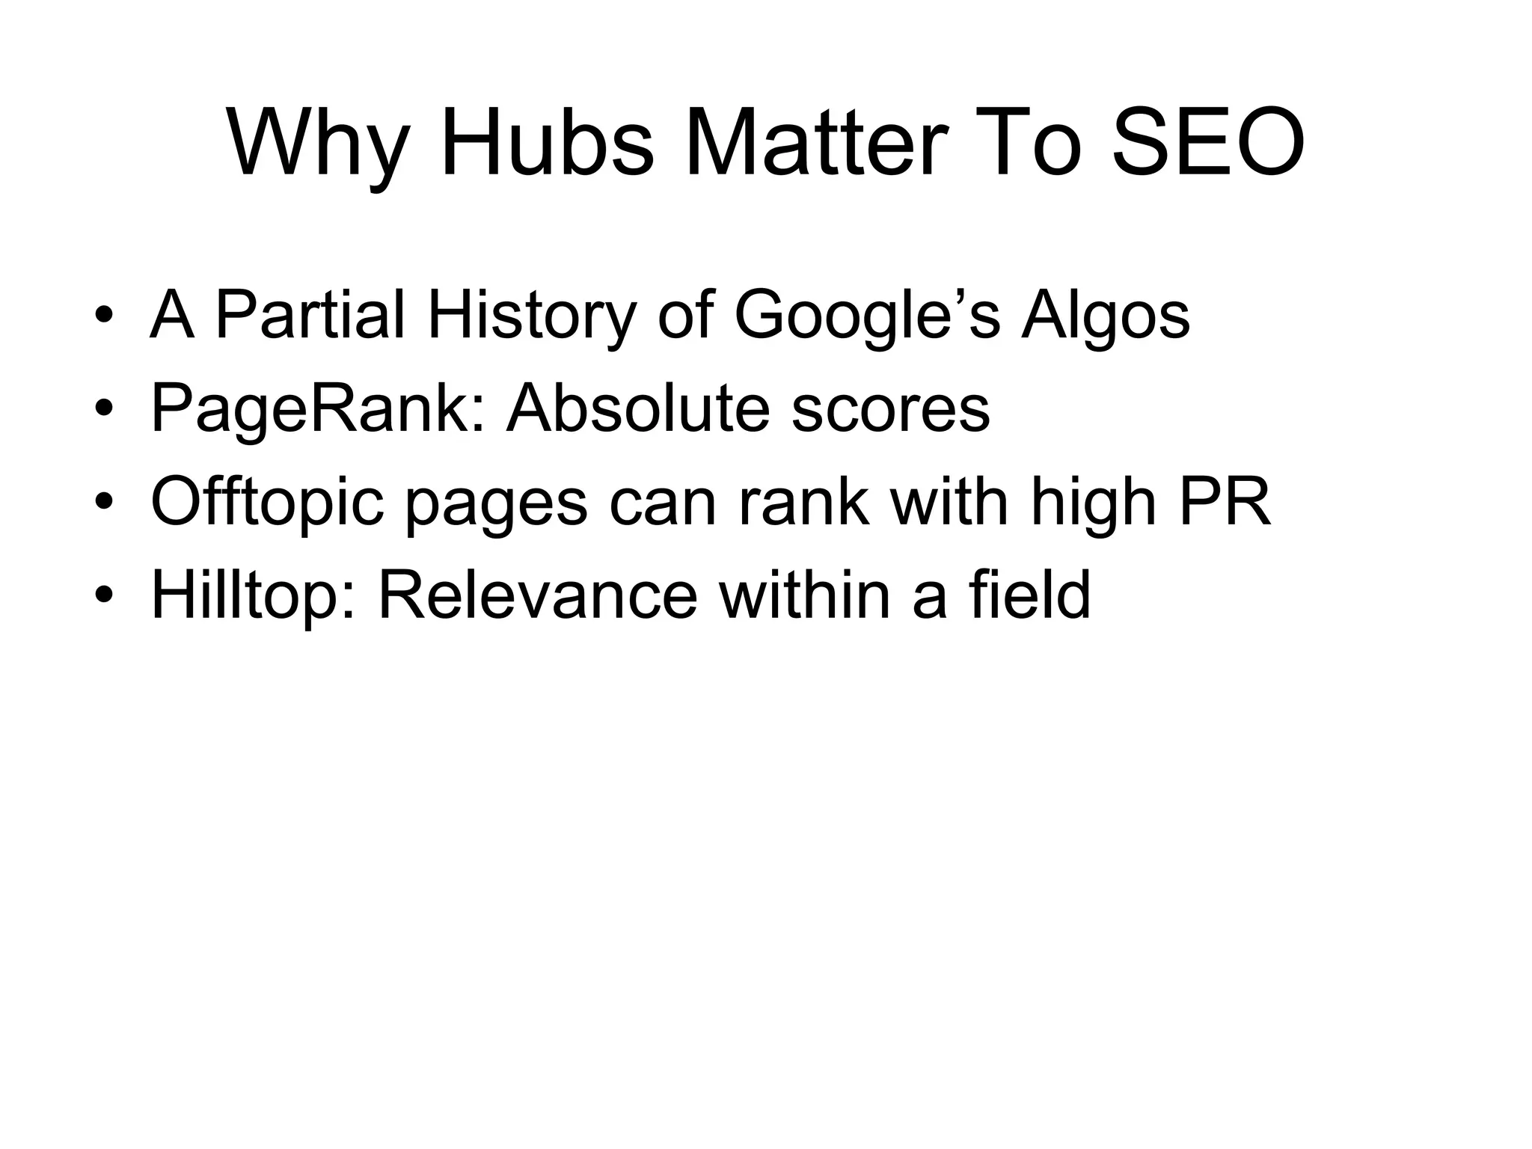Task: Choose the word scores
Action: (x=890, y=410)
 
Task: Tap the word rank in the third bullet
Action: (x=804, y=502)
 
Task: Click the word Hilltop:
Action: (x=254, y=596)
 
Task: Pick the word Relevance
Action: (x=538, y=595)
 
